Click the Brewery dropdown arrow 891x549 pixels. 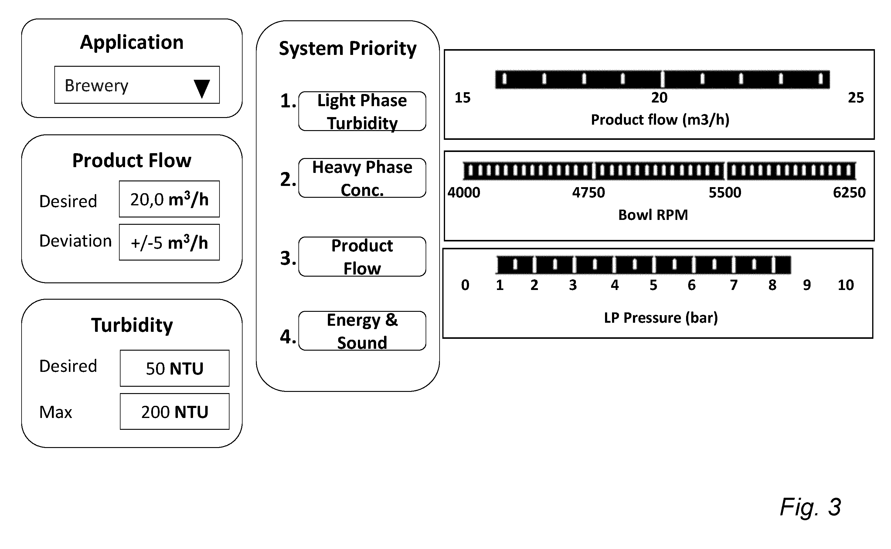pyautogui.click(x=202, y=89)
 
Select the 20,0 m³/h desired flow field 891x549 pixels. pyautogui.click(x=169, y=199)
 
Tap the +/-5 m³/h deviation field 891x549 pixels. pyautogui.click(x=169, y=242)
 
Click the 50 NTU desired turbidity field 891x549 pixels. pyautogui.click(x=175, y=368)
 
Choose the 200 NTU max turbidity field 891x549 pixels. pyautogui.click(x=175, y=411)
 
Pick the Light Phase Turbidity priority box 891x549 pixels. pyautogui.click(x=362, y=111)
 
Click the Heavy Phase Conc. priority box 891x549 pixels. pyautogui.click(x=362, y=178)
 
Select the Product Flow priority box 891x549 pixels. pyautogui.click(x=362, y=257)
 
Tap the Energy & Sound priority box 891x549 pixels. pyautogui.click(x=362, y=331)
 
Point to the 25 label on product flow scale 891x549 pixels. pyautogui.click(x=856, y=98)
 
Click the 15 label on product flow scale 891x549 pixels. pyautogui.click(x=463, y=98)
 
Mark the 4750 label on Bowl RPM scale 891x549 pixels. pyautogui.click(x=589, y=192)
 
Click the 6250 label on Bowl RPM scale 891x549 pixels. pyautogui.click(x=849, y=192)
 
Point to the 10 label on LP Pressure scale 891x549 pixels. pyautogui.click(x=845, y=285)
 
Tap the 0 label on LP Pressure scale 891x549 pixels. pyautogui.click(x=465, y=285)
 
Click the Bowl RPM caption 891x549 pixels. pyautogui.click(x=653, y=215)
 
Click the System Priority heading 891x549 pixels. pyautogui.click(x=348, y=49)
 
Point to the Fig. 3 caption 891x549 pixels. pyautogui.click(x=810, y=507)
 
